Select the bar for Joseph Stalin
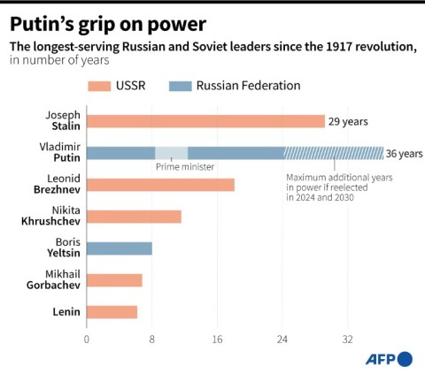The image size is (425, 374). coord(205,121)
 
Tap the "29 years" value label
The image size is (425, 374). coord(347,122)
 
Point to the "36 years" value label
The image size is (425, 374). coord(406,153)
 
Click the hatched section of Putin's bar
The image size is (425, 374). coord(334,153)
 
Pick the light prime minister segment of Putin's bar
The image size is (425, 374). coord(171,153)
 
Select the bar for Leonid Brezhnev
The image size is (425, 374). coord(160,185)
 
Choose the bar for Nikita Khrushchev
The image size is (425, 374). coord(134,217)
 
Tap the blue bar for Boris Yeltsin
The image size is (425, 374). coord(120,248)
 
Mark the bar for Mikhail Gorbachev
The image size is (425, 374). coord(114,280)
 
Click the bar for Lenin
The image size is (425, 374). coord(112,311)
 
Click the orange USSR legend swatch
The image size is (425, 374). coord(99,86)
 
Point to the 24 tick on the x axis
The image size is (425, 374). coord(282,339)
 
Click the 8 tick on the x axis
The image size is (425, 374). coord(152,339)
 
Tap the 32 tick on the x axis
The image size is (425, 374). coord(348,339)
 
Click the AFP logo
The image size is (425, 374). coord(389,358)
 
